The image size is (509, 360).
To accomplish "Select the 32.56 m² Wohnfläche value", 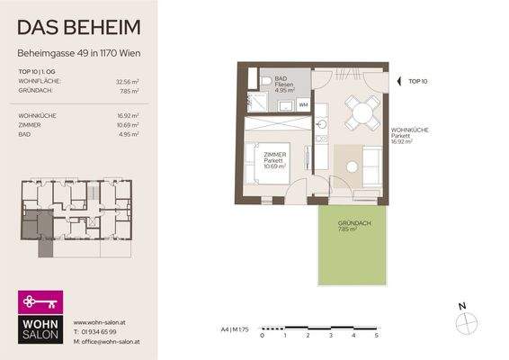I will [131, 81].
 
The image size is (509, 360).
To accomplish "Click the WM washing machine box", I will [303, 105].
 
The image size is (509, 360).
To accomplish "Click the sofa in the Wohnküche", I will [370, 164].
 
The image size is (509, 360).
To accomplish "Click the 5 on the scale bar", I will [376, 335].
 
